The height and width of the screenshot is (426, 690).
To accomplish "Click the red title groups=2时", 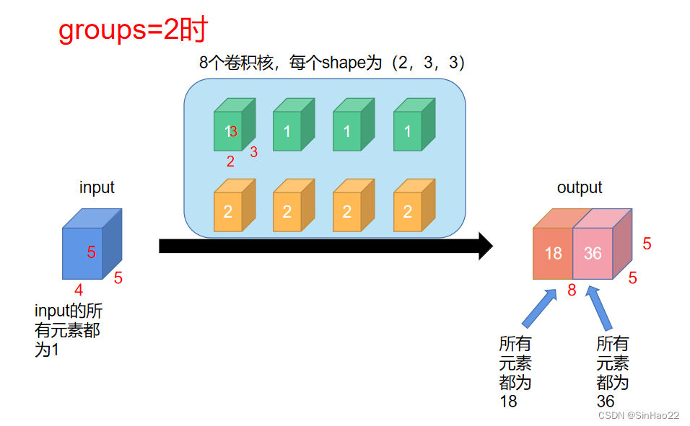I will pos(133,30).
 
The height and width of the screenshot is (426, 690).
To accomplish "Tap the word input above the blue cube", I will pos(97,187).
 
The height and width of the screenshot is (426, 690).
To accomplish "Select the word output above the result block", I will pos(579,187).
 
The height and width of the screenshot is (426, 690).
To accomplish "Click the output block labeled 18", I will pos(553,253).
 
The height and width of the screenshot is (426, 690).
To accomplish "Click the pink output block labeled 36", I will pos(593,253).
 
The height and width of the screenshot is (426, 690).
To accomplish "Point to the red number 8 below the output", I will pos(572,291).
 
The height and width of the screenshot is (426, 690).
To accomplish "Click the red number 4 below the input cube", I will pos(79,290).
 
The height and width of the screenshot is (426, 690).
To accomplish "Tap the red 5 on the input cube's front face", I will pos(92,252).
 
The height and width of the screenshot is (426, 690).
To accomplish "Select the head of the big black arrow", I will pos(484,246).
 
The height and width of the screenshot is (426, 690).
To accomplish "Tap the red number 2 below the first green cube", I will pos(230,161).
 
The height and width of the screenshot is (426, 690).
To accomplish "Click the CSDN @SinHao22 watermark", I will pos(639,416).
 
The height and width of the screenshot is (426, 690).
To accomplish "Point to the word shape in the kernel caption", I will pos(344,63).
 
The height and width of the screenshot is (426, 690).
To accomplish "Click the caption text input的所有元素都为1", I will pos(69,331).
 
